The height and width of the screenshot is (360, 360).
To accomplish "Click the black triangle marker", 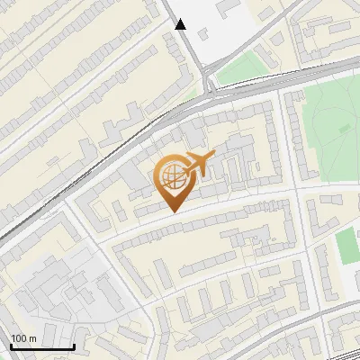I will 181,24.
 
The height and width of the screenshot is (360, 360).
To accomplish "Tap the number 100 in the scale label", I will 19,338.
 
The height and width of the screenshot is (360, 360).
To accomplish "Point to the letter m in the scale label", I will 32,338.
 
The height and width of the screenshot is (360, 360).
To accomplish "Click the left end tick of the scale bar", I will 12,346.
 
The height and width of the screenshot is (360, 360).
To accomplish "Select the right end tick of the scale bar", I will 74,346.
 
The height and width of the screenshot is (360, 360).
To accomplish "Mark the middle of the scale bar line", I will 42,347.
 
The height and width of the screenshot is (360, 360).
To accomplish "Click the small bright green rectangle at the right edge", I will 346,247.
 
